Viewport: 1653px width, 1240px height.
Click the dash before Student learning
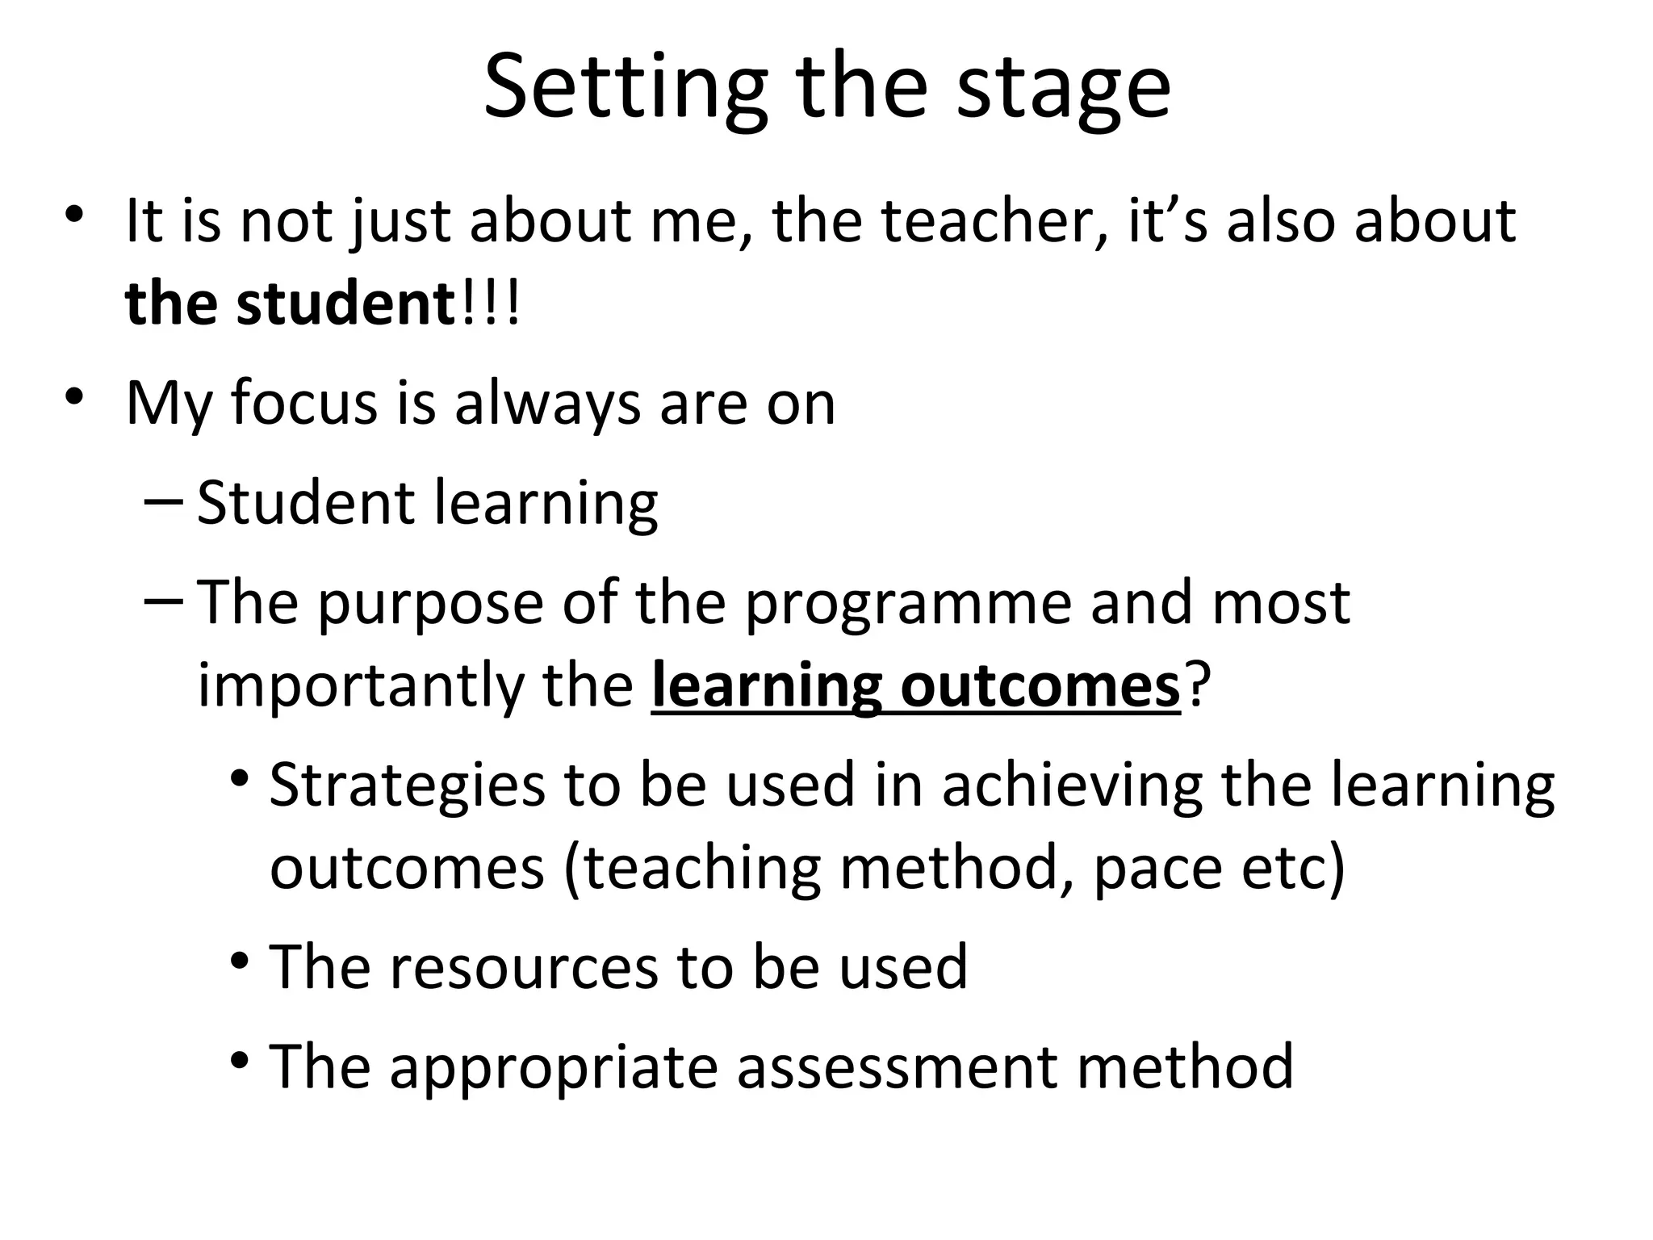pos(165,501)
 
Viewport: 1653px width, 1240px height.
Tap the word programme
pos(907,604)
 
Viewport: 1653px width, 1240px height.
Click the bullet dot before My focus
pos(74,396)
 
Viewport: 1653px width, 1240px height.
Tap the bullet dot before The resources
pos(239,961)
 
